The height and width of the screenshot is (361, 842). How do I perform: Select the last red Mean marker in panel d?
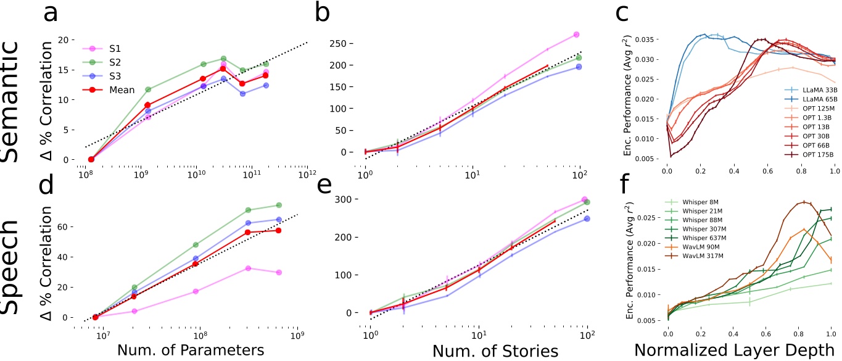[279, 230]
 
